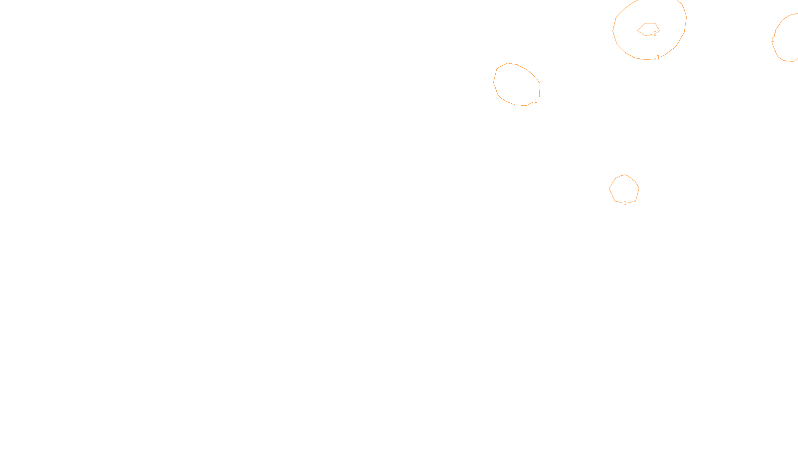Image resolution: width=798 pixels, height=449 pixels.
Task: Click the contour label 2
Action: pyautogui.click(x=655, y=34)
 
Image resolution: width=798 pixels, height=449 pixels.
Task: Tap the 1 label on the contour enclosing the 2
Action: pyautogui.click(x=658, y=57)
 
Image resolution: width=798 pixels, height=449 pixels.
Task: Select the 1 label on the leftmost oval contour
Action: pyautogui.click(x=536, y=101)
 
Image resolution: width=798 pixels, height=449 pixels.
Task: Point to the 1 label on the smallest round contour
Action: pyautogui.click(x=625, y=203)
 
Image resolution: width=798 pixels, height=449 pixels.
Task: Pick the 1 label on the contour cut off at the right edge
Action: pyautogui.click(x=773, y=40)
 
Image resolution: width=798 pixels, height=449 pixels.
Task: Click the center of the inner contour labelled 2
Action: pyautogui.click(x=648, y=29)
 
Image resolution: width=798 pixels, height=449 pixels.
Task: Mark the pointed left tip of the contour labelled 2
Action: pyautogui.click(x=638, y=30)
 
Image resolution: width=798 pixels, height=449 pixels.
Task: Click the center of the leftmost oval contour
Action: pyautogui.click(x=517, y=84)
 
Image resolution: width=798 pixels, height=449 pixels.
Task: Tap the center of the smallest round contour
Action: pyautogui.click(x=624, y=189)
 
